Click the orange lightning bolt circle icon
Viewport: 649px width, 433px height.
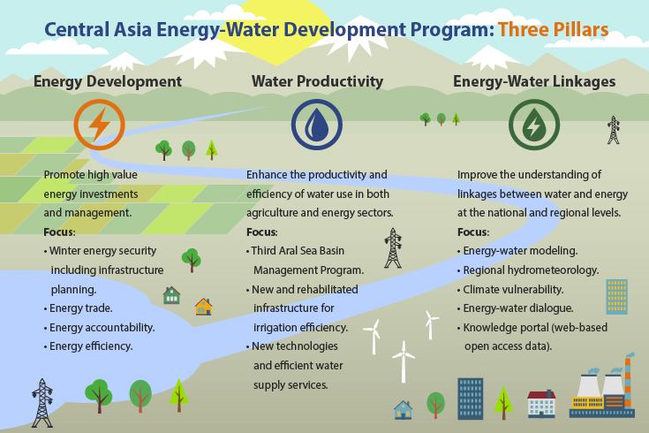tap(99, 125)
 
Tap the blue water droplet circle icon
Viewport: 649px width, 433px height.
tap(317, 125)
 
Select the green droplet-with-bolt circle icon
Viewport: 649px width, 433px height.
tap(534, 125)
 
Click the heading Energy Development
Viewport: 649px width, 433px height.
tap(108, 81)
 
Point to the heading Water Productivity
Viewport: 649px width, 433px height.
tap(318, 81)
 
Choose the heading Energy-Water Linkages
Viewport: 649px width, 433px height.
tap(534, 81)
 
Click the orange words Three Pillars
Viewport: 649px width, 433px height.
tap(553, 30)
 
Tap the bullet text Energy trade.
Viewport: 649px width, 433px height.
tap(79, 308)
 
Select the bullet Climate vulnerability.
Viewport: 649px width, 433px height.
tap(510, 289)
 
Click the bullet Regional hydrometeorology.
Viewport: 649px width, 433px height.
tap(528, 270)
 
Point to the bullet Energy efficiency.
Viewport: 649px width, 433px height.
tap(88, 346)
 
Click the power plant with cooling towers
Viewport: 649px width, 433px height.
tap(602, 385)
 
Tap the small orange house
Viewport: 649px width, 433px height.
tap(204, 307)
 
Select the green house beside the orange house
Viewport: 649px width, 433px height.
tap(171, 295)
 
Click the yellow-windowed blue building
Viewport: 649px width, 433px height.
tap(616, 297)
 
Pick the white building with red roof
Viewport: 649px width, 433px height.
tap(541, 404)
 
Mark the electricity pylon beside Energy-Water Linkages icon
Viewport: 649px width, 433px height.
tap(614, 130)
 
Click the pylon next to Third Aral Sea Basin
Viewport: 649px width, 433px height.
tap(393, 247)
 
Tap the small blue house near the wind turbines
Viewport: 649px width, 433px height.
tap(404, 410)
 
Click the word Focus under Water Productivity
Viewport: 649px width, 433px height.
tap(262, 232)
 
